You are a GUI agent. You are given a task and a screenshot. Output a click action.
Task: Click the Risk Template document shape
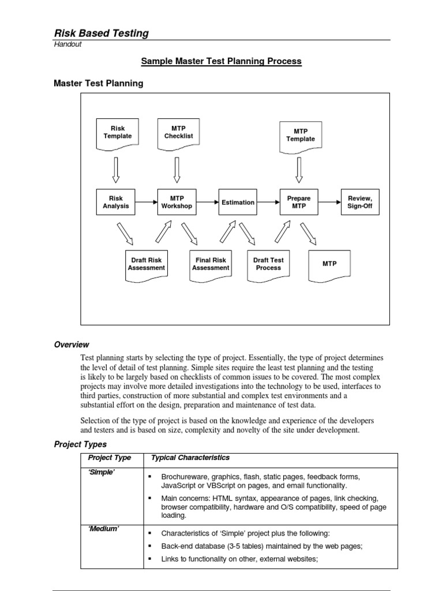coord(117,133)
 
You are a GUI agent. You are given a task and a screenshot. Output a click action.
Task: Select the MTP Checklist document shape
coord(178,133)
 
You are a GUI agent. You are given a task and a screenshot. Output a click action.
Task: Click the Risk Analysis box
coord(116,202)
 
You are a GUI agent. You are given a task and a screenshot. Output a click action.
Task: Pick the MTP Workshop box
coord(177,202)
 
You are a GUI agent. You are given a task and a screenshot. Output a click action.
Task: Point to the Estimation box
coord(238,202)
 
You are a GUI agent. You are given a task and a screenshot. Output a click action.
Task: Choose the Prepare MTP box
coord(299,202)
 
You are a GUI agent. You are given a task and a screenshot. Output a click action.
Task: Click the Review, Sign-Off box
coord(360,202)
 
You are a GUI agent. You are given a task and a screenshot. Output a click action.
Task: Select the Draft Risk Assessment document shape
coord(146,265)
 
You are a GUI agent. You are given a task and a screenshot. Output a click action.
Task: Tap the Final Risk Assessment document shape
coord(211,265)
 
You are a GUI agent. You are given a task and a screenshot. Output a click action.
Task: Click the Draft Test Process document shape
coord(268,265)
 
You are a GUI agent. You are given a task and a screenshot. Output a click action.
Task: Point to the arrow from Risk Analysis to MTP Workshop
coord(147,202)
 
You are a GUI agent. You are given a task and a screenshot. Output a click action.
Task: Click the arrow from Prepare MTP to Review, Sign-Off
coord(329,202)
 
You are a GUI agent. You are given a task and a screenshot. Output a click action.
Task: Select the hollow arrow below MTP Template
coord(299,169)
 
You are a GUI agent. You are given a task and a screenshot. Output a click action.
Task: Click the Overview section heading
coord(72,345)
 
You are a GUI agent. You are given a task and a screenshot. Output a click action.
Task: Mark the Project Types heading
coord(80,444)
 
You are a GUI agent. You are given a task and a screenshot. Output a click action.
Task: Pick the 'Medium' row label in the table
coord(104,530)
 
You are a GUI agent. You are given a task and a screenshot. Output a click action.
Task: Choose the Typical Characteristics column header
coord(190,458)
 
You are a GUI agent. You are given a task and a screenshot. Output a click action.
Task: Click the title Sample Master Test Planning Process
coord(221,61)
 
